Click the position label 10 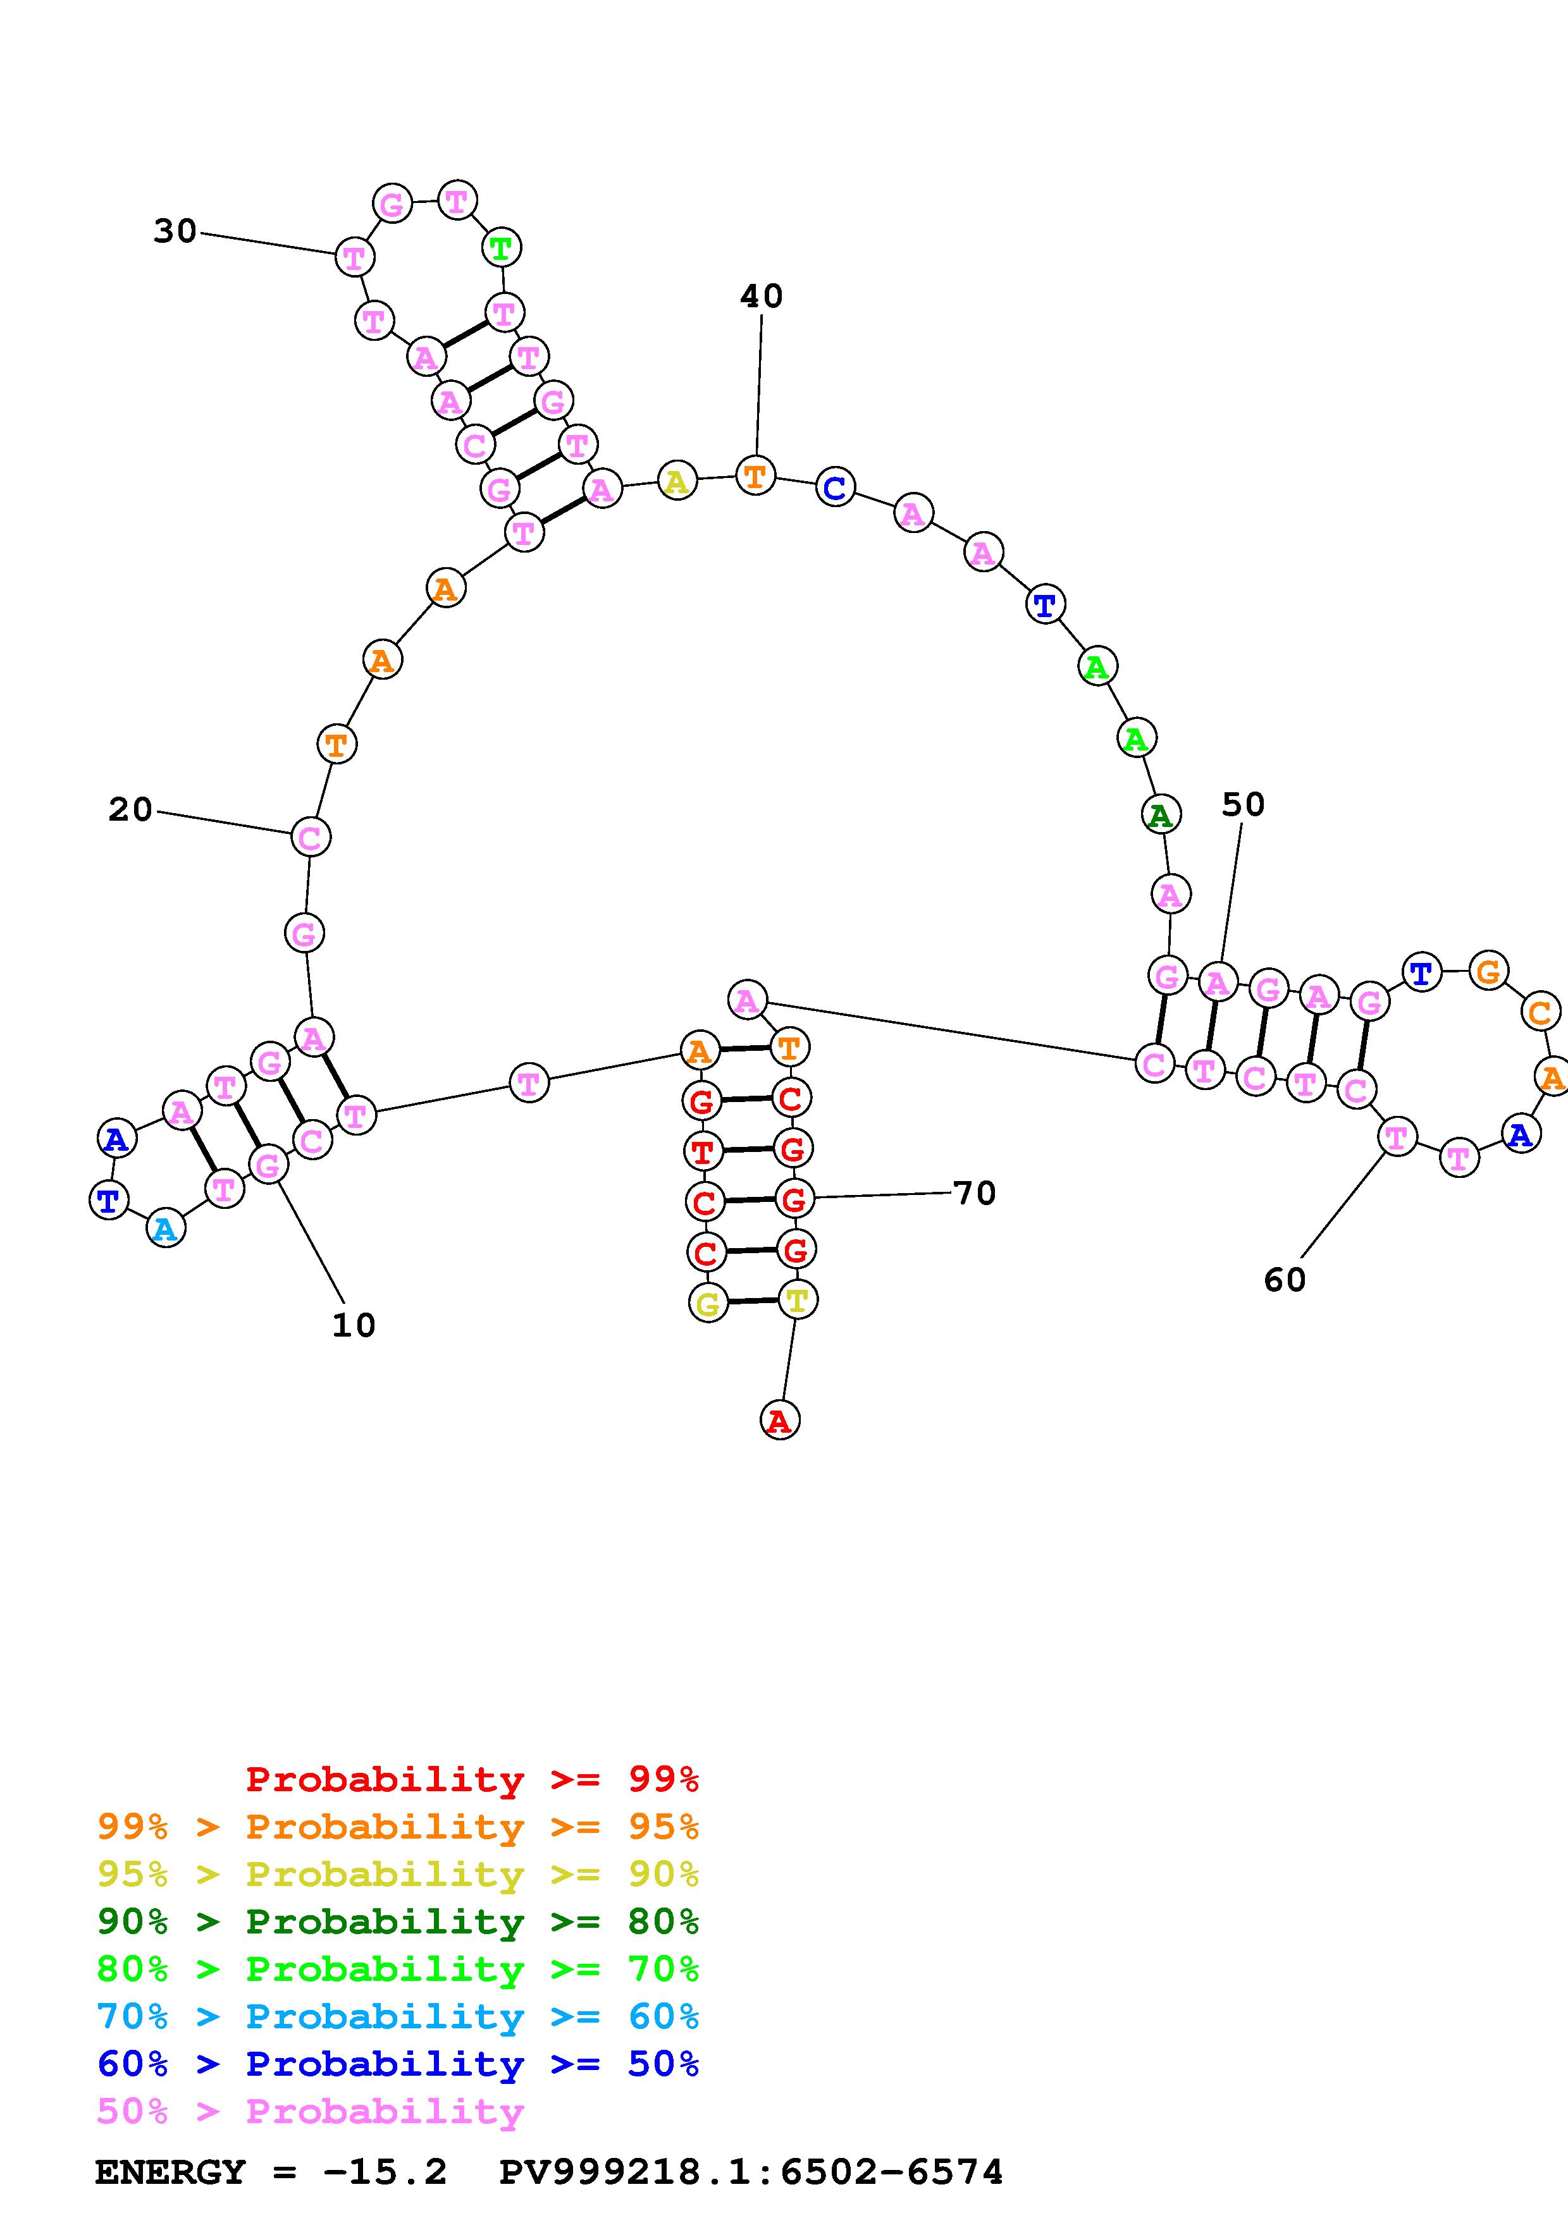pos(354,1325)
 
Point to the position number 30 pos(175,231)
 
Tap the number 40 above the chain pos(762,296)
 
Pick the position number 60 pos(1284,1279)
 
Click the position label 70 pos(974,1193)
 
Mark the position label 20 pos(130,809)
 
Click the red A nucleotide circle pos(780,1420)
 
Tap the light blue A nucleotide pos(165,1228)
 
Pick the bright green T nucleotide pos(500,248)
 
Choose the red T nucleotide pos(702,1151)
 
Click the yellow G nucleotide pos(708,1303)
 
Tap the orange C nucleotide pos(1539,1012)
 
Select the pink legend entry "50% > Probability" pos(310,2111)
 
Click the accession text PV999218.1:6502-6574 pos(751,2172)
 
